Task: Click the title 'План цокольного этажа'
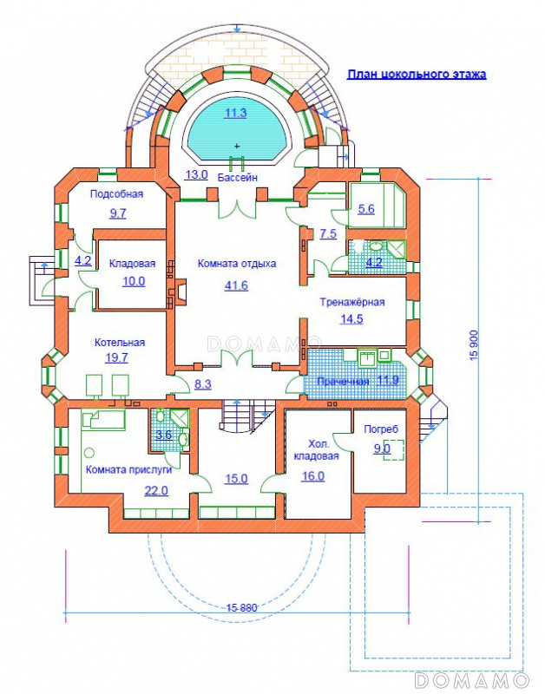point(417,74)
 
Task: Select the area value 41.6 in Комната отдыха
point(236,285)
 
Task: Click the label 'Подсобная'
point(117,193)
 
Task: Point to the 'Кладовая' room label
point(133,264)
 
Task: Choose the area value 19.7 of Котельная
point(116,357)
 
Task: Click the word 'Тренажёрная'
point(352,302)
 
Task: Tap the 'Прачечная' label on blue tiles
point(343,382)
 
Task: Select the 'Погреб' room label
point(381,429)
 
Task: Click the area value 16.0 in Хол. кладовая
point(313,476)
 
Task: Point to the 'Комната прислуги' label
point(128,470)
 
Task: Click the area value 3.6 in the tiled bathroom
point(164,435)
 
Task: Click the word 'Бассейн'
point(238,178)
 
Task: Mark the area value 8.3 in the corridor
point(203,384)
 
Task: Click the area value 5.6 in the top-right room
point(366,209)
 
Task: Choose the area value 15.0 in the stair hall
point(236,479)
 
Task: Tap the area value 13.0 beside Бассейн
point(196,174)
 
